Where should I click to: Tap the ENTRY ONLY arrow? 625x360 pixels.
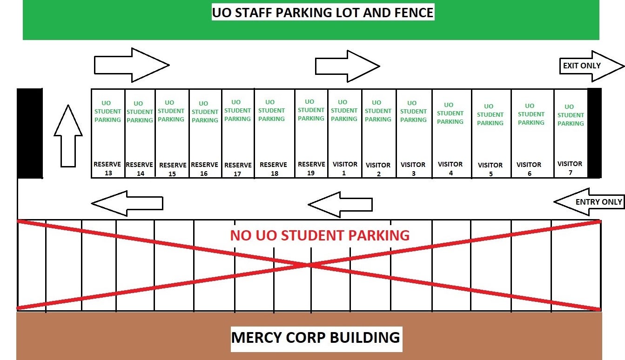pos(589,202)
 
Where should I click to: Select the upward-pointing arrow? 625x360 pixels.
pos(68,135)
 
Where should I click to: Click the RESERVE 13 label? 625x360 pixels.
pos(108,168)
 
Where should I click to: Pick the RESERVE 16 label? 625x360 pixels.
pos(204,169)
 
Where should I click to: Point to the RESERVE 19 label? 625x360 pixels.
pos(311,168)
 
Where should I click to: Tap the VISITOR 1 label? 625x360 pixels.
pos(345,168)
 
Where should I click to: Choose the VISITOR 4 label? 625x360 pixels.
pos(450,168)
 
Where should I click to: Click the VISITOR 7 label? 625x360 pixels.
pos(570,168)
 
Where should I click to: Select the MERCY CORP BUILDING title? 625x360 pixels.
pos(316,337)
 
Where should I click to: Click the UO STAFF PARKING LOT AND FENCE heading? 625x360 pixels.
pos(323,13)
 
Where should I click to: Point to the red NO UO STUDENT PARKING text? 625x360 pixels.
pos(320,235)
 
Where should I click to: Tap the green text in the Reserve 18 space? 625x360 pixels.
pos(271,110)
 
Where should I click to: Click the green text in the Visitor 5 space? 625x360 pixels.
pos(490,114)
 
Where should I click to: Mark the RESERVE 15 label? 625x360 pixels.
pos(173,169)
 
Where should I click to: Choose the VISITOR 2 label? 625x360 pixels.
pos(378,169)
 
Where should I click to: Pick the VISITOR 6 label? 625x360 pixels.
pos(529,169)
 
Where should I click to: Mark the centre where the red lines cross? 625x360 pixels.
pos(309,265)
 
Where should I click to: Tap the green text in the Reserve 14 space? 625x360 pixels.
pos(140,112)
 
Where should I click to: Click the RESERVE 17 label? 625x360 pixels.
pos(238,169)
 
